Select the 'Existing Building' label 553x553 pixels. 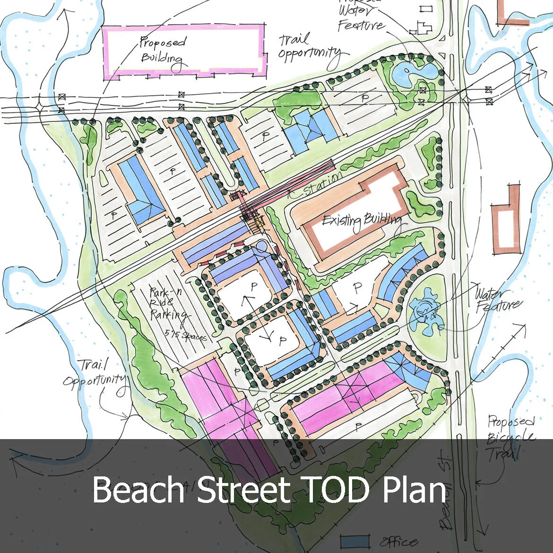pos(362,221)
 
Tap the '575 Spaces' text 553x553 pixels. pos(186,333)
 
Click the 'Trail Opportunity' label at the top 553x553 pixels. pos(310,47)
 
